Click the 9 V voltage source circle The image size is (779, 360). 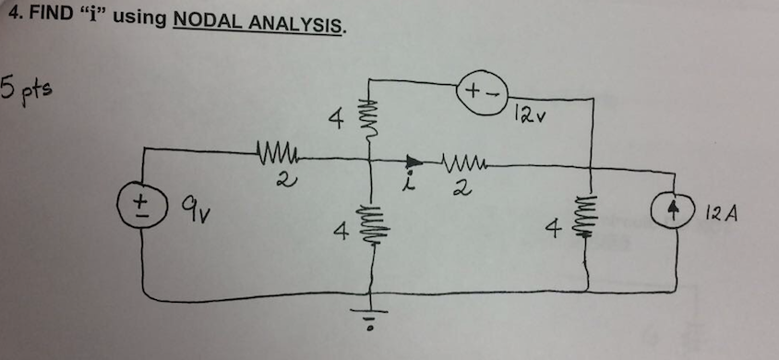[x=142, y=203]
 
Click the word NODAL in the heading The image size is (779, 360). [x=207, y=19]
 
